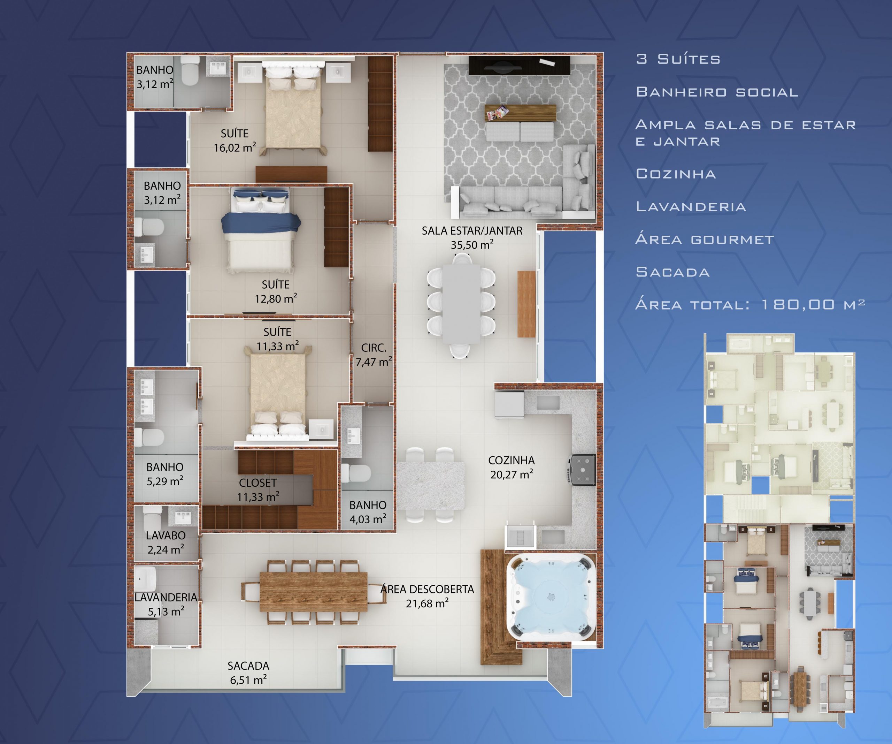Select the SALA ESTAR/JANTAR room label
coord(472,231)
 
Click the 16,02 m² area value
coord(234,147)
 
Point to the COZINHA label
coord(512,460)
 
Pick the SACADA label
coord(248,666)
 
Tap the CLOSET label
coord(258,483)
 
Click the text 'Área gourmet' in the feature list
coord(705,239)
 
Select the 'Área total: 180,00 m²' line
coord(750,304)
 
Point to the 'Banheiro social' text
coord(717,92)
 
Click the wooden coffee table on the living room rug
coord(520,113)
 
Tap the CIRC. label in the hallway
coord(374,348)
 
